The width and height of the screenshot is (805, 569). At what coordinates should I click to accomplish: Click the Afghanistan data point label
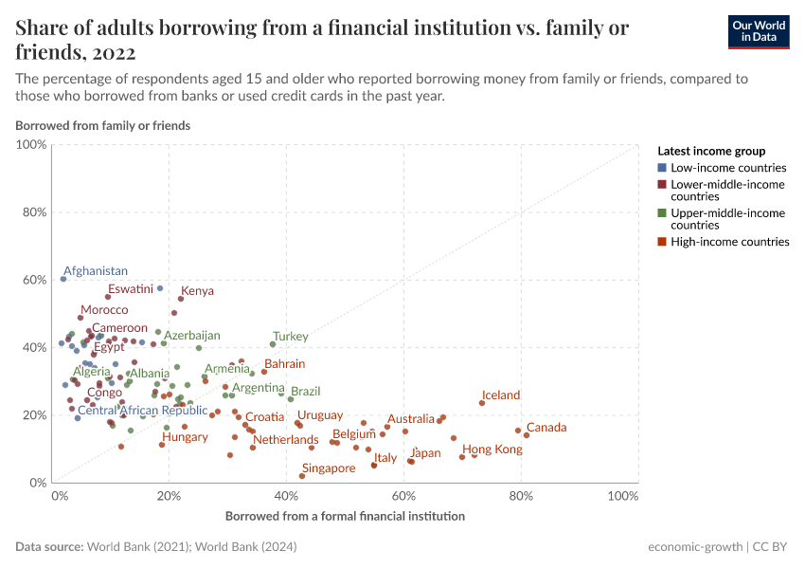pos(96,271)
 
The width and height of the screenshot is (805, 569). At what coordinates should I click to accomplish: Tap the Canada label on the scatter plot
pos(546,428)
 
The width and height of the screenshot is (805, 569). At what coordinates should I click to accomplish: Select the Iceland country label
pos(501,395)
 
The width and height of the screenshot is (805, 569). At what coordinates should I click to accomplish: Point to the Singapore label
pos(329,468)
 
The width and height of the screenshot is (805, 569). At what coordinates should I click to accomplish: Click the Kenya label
pos(197,291)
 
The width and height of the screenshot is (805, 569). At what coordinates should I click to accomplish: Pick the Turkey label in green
pos(291,337)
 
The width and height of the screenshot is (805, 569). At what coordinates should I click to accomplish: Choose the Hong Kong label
pos(492,450)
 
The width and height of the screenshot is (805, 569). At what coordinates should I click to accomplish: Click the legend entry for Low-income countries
pos(728,168)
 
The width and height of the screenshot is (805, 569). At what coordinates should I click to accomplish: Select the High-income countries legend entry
pos(729,242)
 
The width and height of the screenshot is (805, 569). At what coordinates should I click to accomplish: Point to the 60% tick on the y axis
pos(32,280)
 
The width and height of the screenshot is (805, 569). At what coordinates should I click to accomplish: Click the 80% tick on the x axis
pos(520,497)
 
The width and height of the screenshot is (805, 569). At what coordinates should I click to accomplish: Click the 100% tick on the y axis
pos(30,145)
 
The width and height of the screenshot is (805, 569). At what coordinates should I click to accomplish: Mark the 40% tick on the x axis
pos(289,497)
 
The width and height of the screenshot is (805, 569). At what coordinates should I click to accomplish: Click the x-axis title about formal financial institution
pos(345,517)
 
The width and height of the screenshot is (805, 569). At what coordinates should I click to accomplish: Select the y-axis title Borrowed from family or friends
pos(102,125)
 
